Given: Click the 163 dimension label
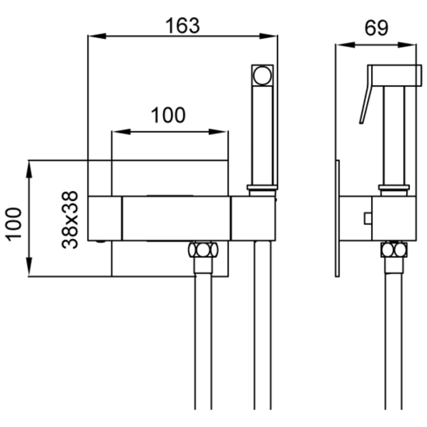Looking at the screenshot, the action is point(182,26).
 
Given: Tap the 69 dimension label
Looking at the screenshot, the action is point(377,28).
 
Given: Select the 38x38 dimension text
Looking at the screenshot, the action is point(70,220).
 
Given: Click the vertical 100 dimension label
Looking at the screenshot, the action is point(14,224).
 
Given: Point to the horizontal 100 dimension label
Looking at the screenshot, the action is point(168,115).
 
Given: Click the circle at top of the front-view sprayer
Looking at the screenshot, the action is point(262,75).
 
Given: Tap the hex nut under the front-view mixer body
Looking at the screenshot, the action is point(203,249).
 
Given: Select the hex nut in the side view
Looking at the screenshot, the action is point(394,249).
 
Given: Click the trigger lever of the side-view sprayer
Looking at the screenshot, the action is point(366,95).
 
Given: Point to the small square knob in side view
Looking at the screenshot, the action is point(368,218).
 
